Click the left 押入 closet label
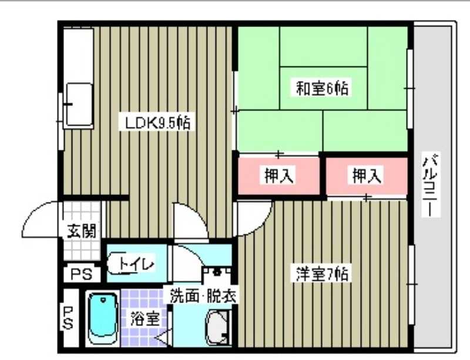(x=279, y=175)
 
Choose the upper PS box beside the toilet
(x=78, y=274)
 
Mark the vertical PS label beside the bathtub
(x=69, y=317)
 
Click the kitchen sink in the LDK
(x=79, y=105)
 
